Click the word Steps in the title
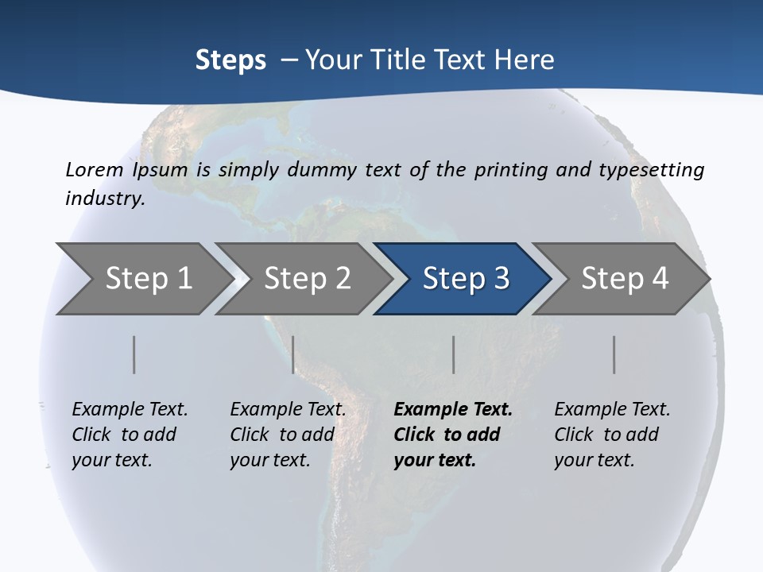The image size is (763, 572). (x=230, y=60)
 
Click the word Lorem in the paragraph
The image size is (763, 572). (x=95, y=169)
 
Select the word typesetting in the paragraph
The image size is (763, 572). (x=652, y=169)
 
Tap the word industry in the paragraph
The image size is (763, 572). (x=105, y=198)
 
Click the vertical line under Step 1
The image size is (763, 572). (x=134, y=354)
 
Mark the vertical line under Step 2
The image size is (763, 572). (x=293, y=354)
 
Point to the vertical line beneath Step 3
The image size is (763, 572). (x=453, y=354)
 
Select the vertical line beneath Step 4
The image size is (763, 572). (x=614, y=354)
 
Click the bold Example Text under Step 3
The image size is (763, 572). (x=453, y=409)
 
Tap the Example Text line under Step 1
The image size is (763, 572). (x=130, y=409)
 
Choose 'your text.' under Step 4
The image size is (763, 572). (x=594, y=460)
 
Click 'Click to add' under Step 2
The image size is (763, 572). (x=282, y=435)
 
